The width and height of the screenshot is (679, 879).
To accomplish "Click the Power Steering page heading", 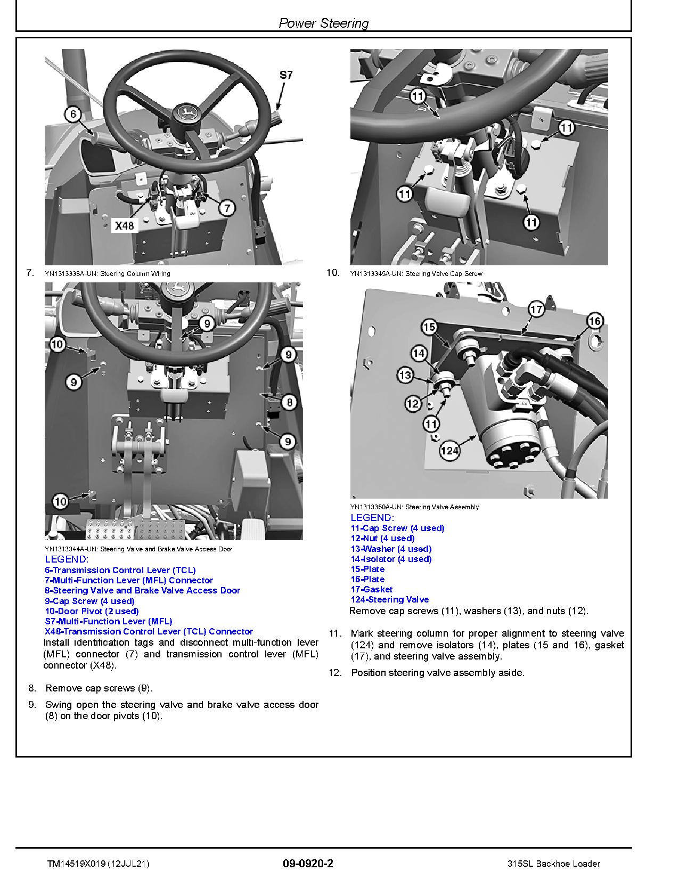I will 323,23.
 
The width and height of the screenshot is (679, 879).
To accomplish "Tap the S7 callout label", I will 286,75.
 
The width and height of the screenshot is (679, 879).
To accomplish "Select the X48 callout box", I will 125,225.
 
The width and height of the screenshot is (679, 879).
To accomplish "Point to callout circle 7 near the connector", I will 227,208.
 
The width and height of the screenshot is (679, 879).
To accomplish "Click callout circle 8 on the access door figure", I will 289,402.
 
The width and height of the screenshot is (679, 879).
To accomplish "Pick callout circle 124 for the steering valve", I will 450,451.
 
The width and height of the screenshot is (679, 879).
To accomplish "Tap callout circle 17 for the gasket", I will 536,309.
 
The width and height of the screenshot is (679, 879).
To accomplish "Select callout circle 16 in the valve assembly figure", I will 594,321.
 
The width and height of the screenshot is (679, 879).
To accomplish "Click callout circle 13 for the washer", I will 405,375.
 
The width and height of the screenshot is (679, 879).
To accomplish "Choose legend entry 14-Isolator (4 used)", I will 391,559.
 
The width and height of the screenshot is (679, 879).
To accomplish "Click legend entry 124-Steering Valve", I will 389,599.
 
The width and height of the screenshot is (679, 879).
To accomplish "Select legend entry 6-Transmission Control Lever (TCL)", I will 120,570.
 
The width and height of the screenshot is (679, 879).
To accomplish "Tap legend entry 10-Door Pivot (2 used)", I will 92,611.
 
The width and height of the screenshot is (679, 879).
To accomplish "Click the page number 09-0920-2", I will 308,864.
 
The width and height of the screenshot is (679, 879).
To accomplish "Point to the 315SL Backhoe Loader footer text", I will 554,864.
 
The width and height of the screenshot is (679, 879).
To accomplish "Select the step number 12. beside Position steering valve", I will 334,673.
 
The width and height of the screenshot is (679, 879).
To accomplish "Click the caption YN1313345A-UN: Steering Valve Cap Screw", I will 416,274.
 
